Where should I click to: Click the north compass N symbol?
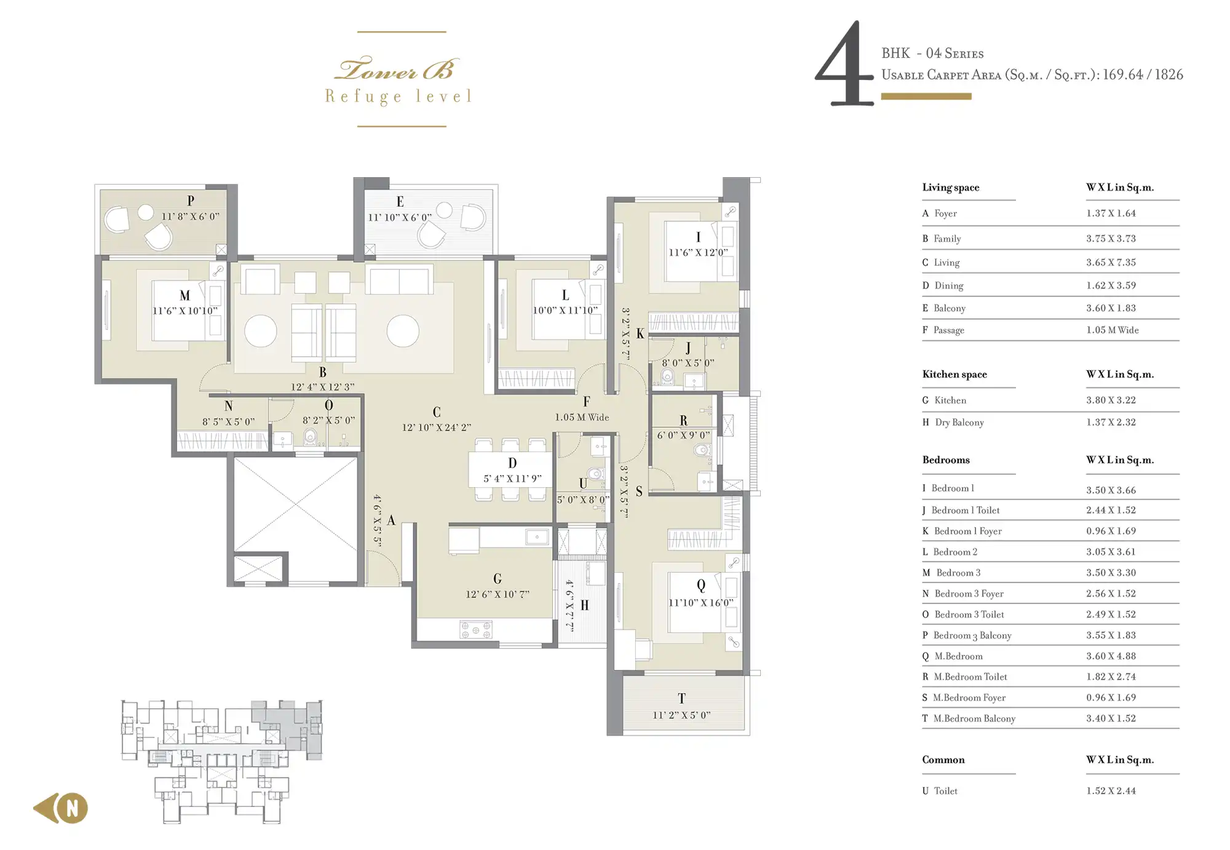[x=73, y=808]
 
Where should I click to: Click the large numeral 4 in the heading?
[x=844, y=63]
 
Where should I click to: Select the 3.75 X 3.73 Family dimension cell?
[x=1111, y=239]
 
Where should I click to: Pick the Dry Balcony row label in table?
[x=959, y=423]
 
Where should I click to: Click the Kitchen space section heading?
[x=954, y=374]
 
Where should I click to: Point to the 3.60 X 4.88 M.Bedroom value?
[x=1111, y=656]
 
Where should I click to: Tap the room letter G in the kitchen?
[x=498, y=578]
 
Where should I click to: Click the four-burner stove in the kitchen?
[x=476, y=629]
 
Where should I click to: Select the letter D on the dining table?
[x=512, y=463]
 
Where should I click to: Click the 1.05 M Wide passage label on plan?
[x=582, y=417]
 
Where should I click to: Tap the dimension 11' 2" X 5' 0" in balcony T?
[x=681, y=715]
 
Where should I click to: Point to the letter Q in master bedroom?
[x=701, y=586]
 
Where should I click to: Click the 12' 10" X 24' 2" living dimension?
[x=437, y=427]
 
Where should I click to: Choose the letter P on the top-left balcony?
[x=191, y=201]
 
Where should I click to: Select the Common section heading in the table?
[x=943, y=760]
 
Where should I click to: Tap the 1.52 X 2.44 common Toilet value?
[x=1111, y=791]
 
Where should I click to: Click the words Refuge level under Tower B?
[x=399, y=97]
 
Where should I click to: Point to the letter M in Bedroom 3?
[x=184, y=296]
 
